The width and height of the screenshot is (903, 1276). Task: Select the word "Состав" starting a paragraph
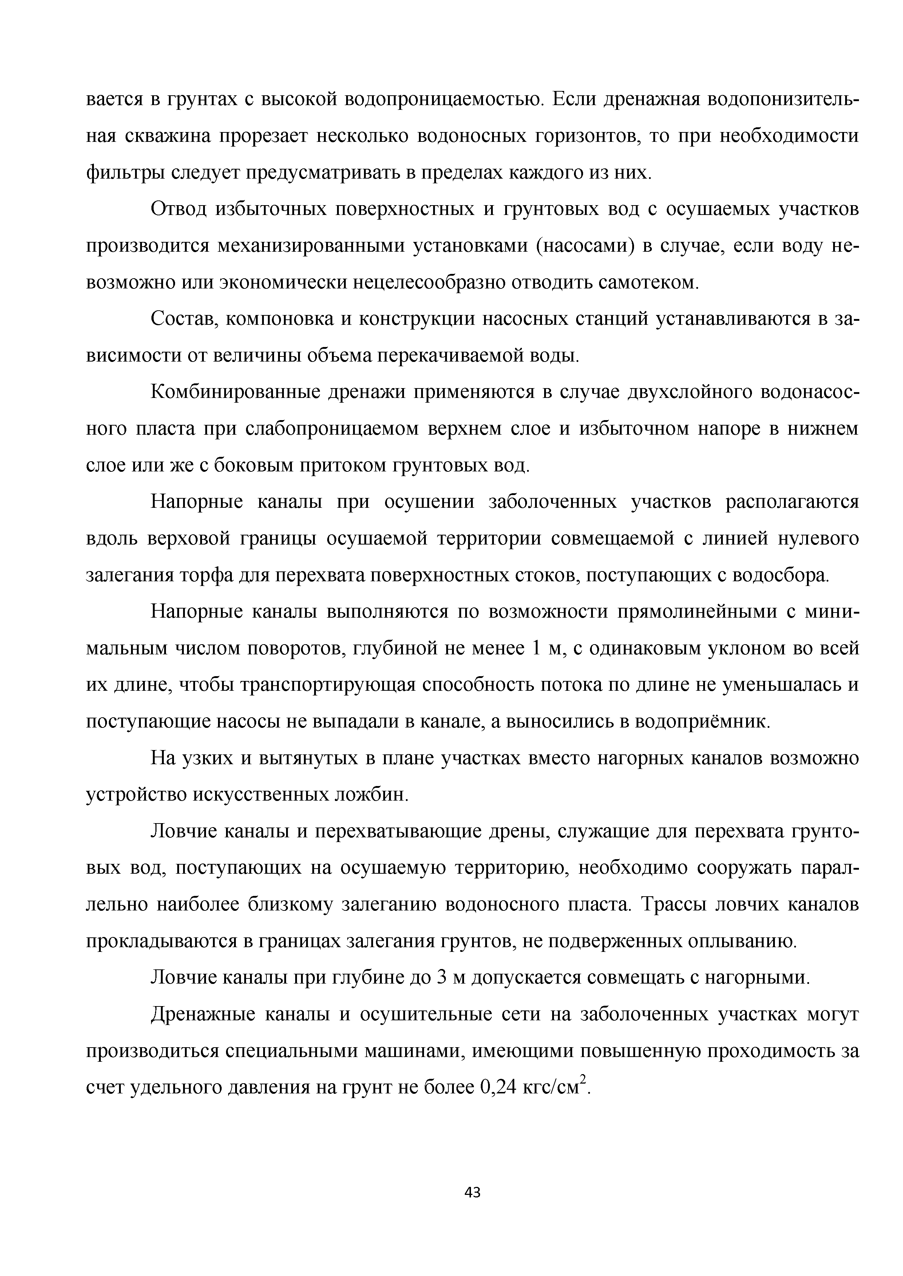click(x=181, y=320)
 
